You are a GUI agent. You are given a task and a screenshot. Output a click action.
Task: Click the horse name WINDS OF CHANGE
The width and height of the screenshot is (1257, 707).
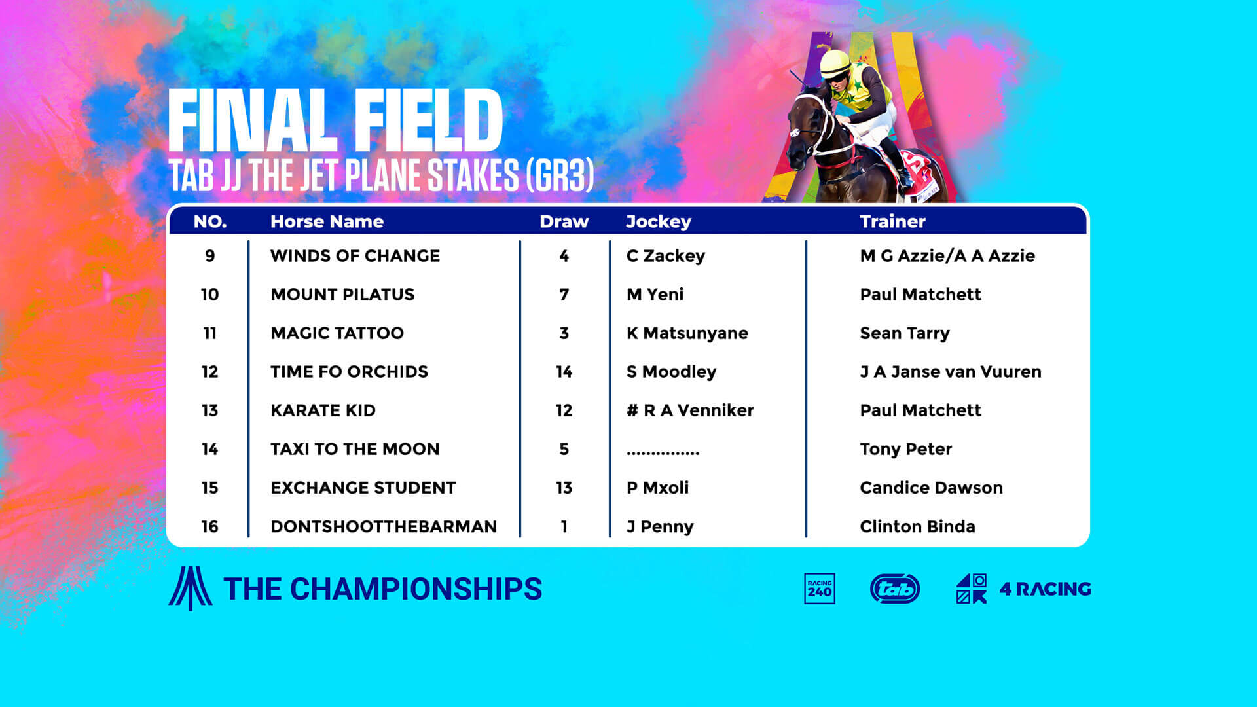[355, 255]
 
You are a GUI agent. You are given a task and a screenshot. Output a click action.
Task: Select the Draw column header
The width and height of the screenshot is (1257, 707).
[564, 221]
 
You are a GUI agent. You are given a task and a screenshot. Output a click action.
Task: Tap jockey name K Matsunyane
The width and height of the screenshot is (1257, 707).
[687, 333]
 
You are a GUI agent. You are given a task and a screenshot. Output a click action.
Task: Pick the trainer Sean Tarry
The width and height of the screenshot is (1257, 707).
[904, 333]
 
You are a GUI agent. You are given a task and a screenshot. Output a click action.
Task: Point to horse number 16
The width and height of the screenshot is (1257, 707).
[209, 526]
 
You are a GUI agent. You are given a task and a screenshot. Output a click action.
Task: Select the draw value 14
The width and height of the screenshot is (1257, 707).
[564, 372]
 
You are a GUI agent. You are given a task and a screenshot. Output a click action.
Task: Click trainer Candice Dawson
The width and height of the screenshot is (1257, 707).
[931, 488]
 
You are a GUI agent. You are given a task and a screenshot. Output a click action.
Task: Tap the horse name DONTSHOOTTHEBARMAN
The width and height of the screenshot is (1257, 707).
[384, 526]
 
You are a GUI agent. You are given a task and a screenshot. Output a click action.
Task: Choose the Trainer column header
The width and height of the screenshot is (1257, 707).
[892, 221]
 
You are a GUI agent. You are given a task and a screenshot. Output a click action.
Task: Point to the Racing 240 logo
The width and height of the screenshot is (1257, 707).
[820, 589]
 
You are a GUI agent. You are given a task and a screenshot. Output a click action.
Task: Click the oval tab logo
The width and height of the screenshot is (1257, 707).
[895, 589]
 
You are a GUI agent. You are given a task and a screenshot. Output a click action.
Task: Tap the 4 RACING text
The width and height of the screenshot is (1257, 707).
[1045, 589]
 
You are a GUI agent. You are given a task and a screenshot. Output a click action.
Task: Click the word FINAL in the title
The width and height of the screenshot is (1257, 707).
[249, 120]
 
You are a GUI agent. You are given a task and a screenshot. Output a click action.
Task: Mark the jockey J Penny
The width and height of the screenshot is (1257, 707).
[660, 527]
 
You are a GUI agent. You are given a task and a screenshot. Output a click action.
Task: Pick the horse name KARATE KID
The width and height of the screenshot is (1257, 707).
[323, 410]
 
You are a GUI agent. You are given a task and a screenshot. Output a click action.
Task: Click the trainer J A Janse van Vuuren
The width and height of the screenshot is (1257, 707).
[951, 372]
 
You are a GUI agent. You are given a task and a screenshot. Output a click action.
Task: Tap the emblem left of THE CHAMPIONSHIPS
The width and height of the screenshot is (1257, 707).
[190, 588]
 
